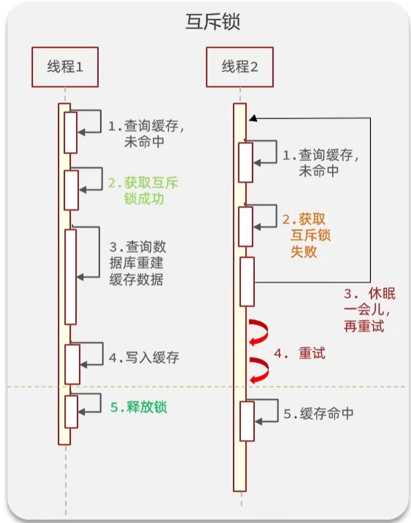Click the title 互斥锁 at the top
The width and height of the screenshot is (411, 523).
coord(213,22)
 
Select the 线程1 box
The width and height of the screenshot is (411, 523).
coord(65,67)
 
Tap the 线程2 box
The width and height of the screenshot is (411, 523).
coord(239,67)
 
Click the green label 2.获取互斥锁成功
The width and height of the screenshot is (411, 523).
coord(143,191)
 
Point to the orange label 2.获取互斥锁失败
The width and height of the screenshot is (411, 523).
coord(307,236)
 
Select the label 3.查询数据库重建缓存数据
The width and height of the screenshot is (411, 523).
coord(137,263)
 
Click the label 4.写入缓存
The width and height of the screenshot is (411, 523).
coord(144,358)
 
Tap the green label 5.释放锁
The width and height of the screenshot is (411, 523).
coord(138,407)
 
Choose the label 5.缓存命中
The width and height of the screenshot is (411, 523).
coord(318,414)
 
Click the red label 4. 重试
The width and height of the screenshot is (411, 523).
coord(300,353)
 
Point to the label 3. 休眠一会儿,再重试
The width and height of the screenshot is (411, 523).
coord(369,310)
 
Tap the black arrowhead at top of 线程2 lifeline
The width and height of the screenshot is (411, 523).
coord(253,118)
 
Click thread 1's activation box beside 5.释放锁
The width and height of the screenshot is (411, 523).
coord(71,412)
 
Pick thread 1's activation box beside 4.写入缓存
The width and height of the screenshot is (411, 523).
coord(72,364)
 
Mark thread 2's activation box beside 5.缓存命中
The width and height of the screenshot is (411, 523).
coord(247,422)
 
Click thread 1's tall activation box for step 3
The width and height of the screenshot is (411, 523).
coord(71,277)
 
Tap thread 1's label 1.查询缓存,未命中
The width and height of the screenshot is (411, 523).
coord(146,134)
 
